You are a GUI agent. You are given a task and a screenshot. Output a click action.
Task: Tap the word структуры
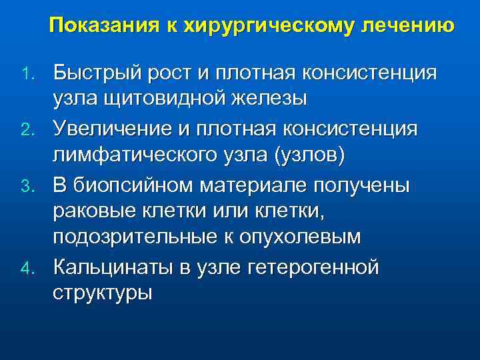[103, 295]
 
